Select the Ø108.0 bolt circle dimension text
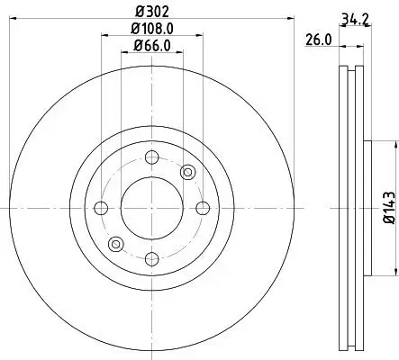pos(147,29)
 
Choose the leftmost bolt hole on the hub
pos(101,208)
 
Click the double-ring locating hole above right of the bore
pos(187,173)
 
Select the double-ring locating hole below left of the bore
pos(114,245)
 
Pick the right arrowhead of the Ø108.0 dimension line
pos(198,37)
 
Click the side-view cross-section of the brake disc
pos(353,208)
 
